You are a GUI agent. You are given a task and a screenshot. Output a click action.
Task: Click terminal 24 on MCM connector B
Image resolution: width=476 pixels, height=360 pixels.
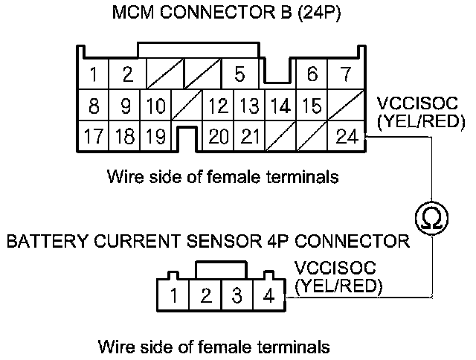[x=347, y=136]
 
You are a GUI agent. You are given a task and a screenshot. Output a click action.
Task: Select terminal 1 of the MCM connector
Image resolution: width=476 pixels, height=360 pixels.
[x=94, y=74]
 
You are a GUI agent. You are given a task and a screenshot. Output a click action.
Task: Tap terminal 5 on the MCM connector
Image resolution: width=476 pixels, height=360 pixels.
[x=239, y=74]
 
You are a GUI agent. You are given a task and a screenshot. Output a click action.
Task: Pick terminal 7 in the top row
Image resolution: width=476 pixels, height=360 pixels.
[x=344, y=74]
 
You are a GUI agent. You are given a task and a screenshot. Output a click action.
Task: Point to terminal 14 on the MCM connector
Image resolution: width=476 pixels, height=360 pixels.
[x=280, y=106]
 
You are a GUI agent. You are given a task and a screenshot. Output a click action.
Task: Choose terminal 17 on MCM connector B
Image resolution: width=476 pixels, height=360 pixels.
[x=94, y=136]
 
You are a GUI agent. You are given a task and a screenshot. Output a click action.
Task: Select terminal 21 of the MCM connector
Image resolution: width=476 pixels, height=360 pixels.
[x=251, y=136]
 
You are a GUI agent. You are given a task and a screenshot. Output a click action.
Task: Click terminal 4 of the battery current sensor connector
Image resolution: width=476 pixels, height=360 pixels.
[x=268, y=296]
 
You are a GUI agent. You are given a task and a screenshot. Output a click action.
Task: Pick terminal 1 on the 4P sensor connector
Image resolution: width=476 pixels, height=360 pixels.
[x=173, y=296]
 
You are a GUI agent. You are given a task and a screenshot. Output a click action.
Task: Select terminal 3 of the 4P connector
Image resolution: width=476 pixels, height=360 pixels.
[x=237, y=296]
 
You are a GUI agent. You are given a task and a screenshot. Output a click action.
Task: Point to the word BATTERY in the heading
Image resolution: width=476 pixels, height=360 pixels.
[x=36, y=242]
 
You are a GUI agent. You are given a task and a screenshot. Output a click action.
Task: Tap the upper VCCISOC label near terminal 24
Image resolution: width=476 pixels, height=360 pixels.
[x=411, y=102]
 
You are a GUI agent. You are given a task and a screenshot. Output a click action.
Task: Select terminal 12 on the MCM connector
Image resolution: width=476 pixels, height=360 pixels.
[x=218, y=106]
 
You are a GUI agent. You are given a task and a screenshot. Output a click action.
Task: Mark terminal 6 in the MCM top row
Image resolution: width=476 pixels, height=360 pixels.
[x=312, y=74]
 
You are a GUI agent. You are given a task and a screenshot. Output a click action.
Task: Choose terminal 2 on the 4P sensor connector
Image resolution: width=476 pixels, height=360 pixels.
[x=205, y=296]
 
